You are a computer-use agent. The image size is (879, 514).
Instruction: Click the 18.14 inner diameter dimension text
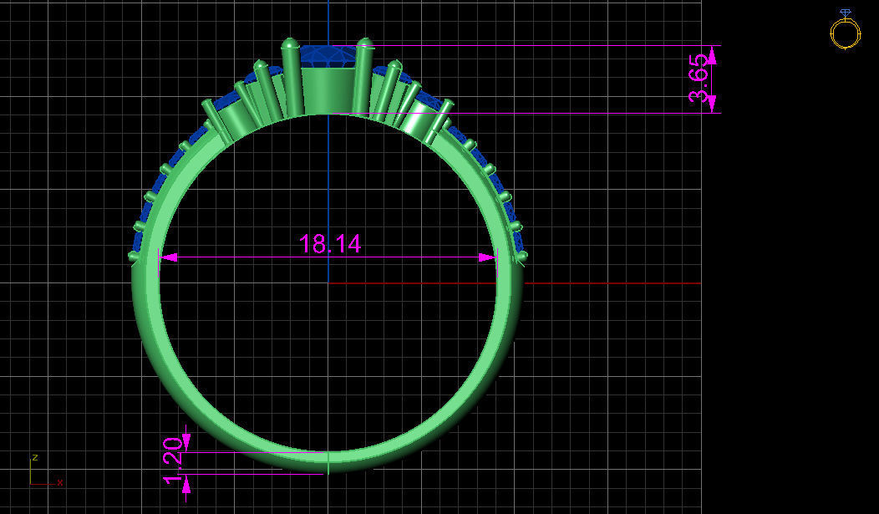(x=330, y=244)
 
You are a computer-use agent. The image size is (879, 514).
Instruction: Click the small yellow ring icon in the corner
(x=845, y=32)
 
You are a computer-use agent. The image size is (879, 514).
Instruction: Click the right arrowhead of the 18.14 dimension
(x=486, y=257)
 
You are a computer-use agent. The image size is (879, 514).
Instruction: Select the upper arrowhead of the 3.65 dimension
(x=712, y=55)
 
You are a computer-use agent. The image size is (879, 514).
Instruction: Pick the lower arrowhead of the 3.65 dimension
(x=712, y=104)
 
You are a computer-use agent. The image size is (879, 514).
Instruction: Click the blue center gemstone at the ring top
(x=327, y=57)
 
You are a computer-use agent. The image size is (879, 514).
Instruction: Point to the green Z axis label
(x=35, y=457)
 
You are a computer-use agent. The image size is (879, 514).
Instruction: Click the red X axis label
(x=60, y=482)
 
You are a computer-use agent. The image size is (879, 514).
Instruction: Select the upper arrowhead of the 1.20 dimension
(x=185, y=440)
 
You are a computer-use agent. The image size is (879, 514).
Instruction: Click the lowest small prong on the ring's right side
(x=521, y=256)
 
